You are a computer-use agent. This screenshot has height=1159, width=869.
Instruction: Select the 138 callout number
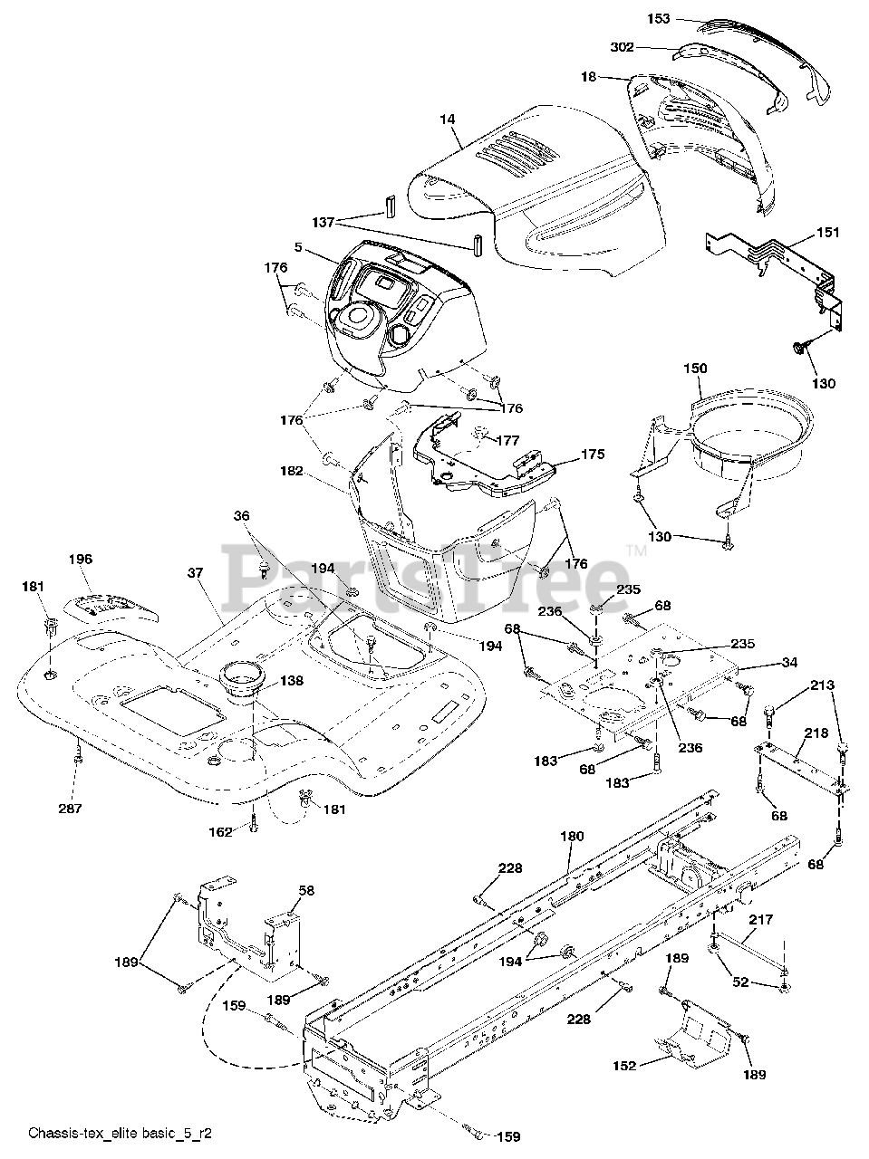click(292, 680)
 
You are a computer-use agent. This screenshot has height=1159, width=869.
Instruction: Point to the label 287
click(70, 809)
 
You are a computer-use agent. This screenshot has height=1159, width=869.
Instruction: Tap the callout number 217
click(761, 920)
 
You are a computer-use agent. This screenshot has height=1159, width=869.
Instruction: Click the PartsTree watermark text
click(426, 573)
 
